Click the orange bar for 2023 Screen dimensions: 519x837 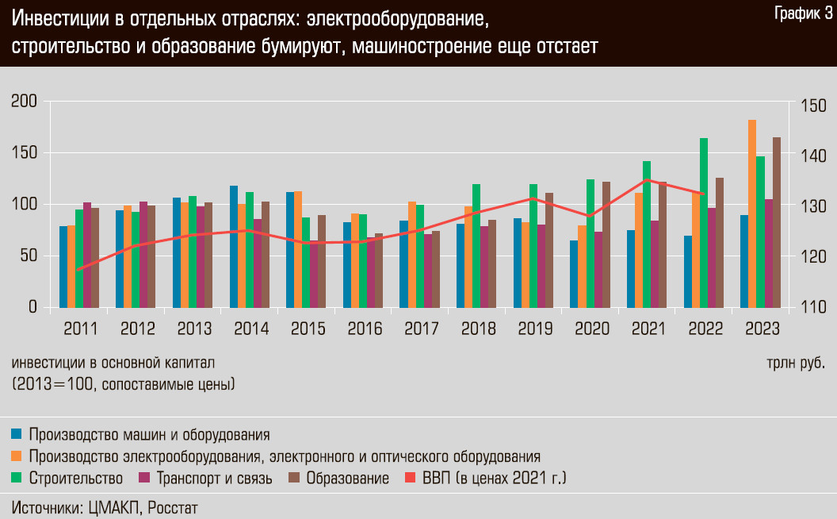(x=752, y=213)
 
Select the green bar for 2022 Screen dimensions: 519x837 (x=704, y=222)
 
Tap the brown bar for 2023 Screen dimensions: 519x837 (x=777, y=222)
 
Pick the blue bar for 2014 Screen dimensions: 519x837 (x=234, y=246)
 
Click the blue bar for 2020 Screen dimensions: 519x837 (x=574, y=273)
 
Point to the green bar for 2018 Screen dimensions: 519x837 (x=476, y=245)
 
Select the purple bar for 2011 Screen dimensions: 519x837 (x=87, y=254)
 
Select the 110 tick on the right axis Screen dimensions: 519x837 (x=813, y=307)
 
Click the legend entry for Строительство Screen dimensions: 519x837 (x=75, y=479)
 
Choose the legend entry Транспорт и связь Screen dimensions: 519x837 (x=214, y=479)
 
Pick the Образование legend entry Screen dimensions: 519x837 (x=347, y=479)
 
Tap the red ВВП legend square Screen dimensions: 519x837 (x=410, y=479)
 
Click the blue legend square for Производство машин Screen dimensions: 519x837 (x=16, y=435)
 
